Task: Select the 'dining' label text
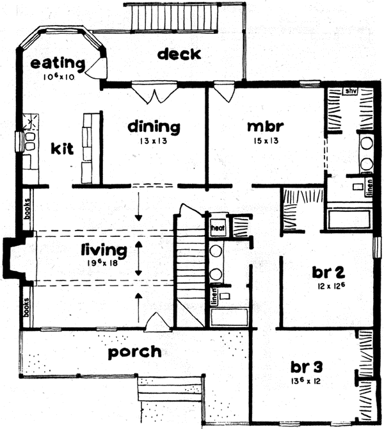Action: click(153, 126)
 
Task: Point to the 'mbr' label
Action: click(265, 125)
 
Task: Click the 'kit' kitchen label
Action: click(62, 149)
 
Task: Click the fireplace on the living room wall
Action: click(14, 260)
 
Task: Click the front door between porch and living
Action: click(156, 323)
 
